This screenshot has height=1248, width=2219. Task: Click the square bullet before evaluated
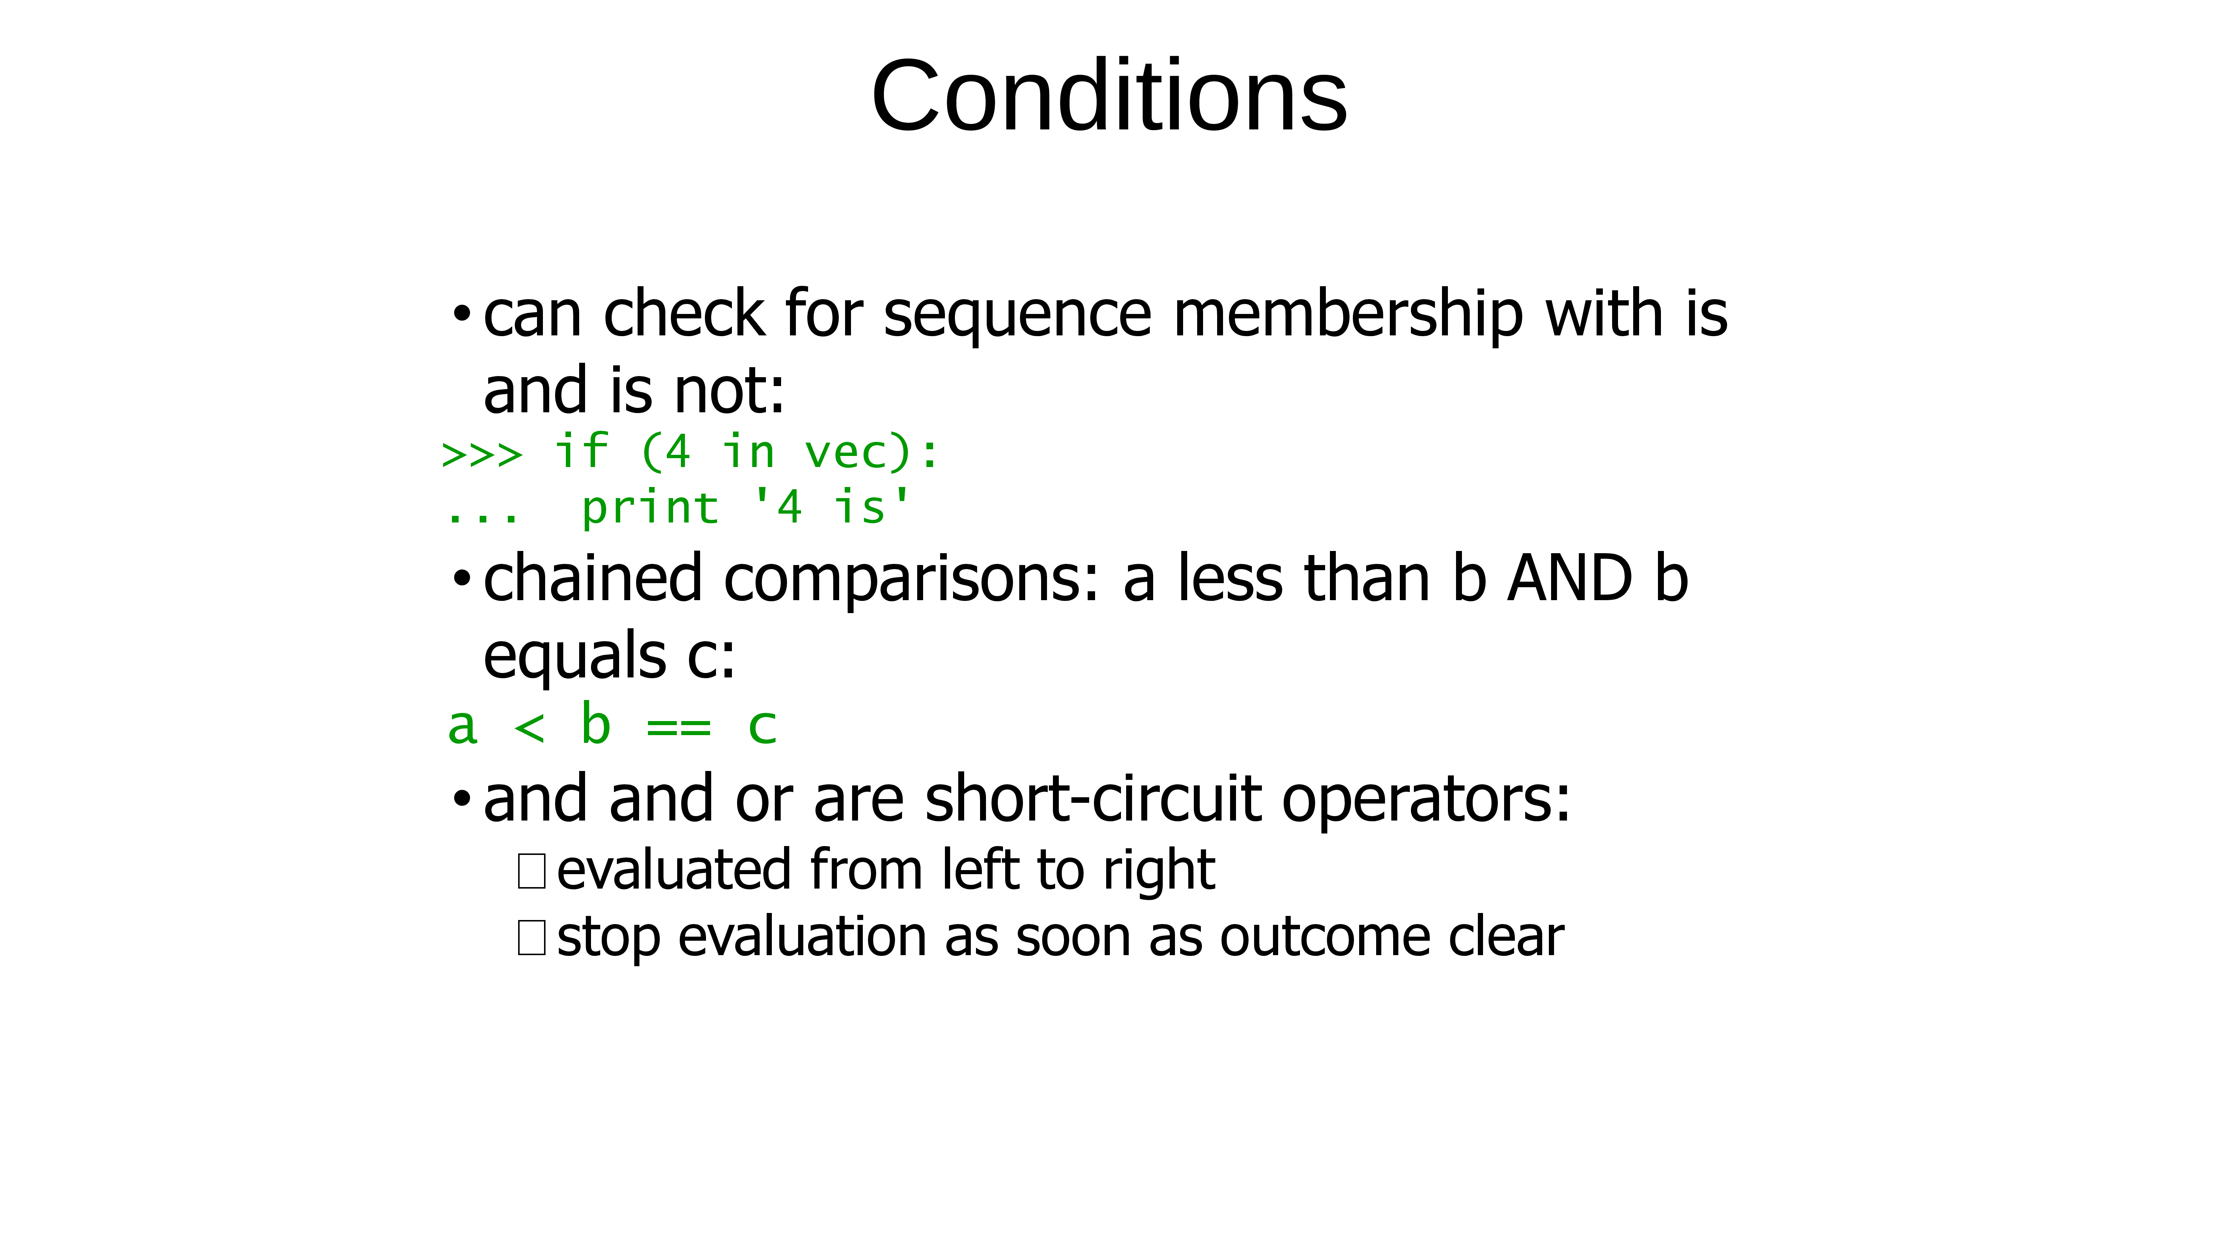pos(531,871)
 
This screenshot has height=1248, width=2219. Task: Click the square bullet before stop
pos(531,937)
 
